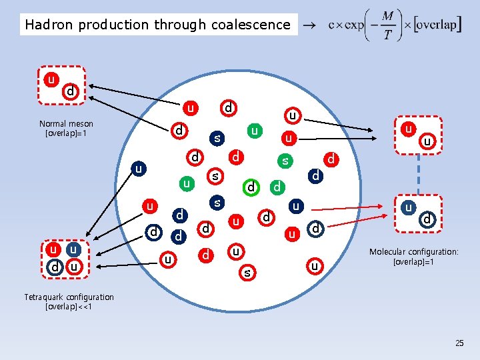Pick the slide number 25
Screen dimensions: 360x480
(459, 343)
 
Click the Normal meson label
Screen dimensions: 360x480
(66, 124)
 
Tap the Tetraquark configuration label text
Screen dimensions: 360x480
(69, 297)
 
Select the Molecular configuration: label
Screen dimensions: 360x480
(414, 252)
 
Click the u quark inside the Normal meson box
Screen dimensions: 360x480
(50, 79)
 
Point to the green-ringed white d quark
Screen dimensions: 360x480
(250, 187)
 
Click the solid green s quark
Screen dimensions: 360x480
(285, 161)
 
